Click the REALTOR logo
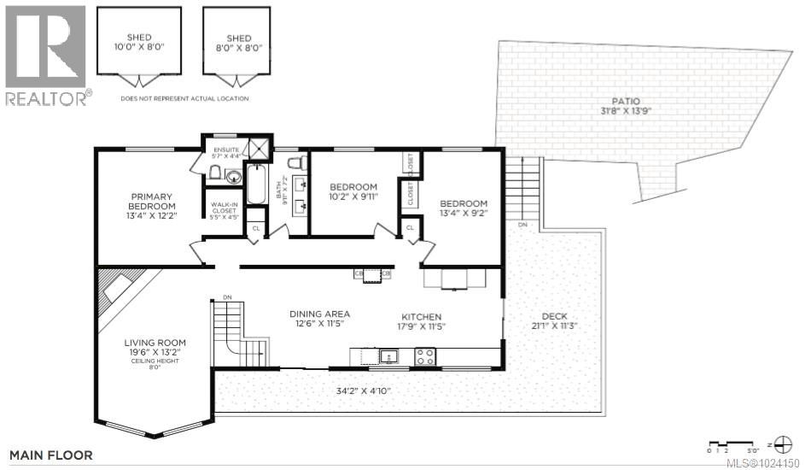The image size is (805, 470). point(45,55)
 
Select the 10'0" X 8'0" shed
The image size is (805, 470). point(139,43)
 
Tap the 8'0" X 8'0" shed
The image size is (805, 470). point(239,43)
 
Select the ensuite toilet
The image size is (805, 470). point(216,174)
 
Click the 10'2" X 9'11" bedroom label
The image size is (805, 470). point(353,191)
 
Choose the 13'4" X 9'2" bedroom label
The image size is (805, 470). point(463,209)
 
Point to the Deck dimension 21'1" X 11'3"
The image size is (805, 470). point(546,325)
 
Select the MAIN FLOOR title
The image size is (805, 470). point(51,455)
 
